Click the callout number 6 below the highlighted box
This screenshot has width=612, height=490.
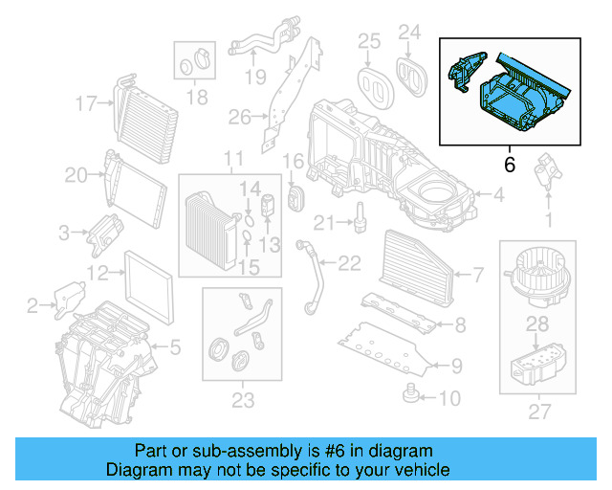click(509, 166)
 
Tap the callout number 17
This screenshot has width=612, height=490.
click(87, 103)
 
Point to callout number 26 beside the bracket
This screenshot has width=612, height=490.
click(239, 118)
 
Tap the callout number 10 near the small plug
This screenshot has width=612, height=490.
click(449, 397)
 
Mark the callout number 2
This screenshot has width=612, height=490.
click(33, 306)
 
